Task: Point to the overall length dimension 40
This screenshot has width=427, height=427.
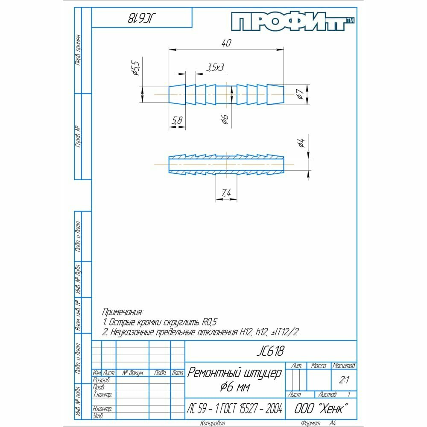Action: [226, 43]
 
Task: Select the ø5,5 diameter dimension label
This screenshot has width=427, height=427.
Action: [136, 68]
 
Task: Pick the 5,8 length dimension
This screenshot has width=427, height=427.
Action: [177, 121]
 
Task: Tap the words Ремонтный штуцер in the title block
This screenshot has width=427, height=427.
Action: [234, 373]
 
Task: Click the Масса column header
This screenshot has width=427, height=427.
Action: [319, 366]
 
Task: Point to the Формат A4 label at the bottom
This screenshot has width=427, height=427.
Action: [317, 423]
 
